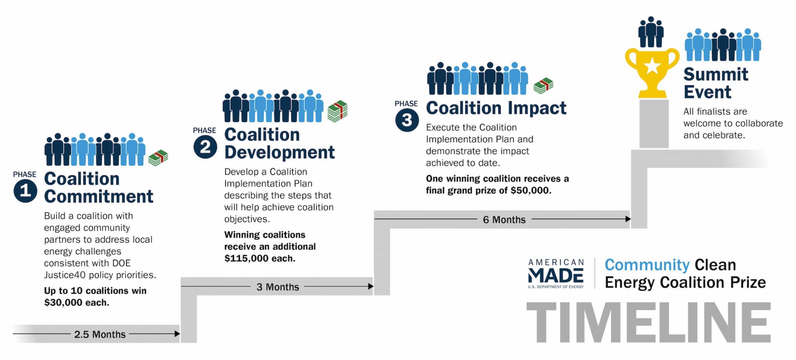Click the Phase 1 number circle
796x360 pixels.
[25, 190]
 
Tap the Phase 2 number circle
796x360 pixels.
[205, 147]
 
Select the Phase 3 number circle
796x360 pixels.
[407, 120]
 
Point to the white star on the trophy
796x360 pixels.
[652, 66]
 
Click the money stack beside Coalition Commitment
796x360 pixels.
[158, 158]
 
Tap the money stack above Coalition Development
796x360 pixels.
[337, 111]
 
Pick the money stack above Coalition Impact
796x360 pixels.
[543, 86]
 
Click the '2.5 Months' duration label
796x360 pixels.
[100, 334]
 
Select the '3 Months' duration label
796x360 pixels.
[278, 287]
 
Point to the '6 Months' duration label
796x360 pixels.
[504, 220]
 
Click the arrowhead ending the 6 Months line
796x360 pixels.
[628, 219]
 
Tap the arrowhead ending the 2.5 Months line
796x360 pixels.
[177, 334]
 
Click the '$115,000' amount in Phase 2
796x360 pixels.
[246, 259]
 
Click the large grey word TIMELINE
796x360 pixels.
[649, 322]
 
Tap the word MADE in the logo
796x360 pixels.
[556, 276]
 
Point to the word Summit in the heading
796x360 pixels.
[716, 74]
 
